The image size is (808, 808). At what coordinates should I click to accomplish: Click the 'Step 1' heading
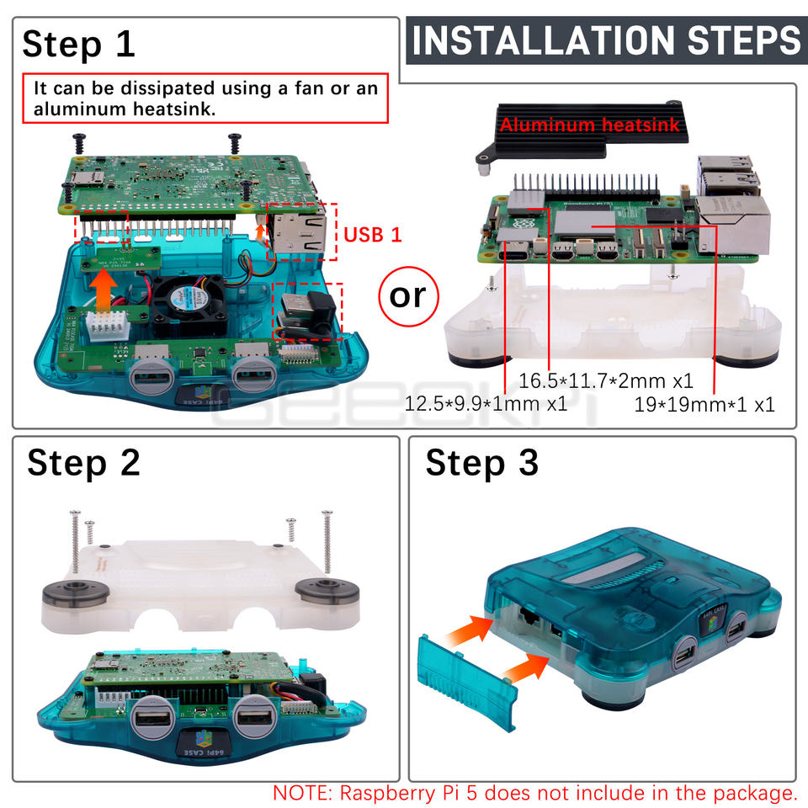[79, 45]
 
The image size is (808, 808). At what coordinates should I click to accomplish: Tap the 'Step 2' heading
[83, 463]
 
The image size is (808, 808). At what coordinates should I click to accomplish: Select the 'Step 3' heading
[481, 463]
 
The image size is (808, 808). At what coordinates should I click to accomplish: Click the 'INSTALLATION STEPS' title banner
[607, 40]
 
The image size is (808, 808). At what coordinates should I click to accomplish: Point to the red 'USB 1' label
[372, 235]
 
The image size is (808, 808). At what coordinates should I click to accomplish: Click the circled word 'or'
[408, 296]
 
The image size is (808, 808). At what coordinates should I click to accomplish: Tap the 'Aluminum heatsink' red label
[589, 125]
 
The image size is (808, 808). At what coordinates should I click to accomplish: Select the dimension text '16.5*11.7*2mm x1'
[605, 380]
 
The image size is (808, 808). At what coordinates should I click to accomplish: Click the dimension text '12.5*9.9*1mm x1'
[486, 403]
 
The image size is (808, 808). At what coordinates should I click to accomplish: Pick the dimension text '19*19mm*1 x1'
[704, 405]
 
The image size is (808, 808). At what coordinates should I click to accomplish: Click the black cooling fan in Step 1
[189, 305]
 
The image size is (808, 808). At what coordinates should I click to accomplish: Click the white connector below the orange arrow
[107, 325]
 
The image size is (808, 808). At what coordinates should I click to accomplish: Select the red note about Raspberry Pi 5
[535, 793]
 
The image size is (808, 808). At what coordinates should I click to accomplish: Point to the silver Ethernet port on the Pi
[733, 226]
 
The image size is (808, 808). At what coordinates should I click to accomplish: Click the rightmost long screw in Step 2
[327, 541]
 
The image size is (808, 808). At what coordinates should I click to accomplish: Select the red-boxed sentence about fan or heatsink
[205, 98]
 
